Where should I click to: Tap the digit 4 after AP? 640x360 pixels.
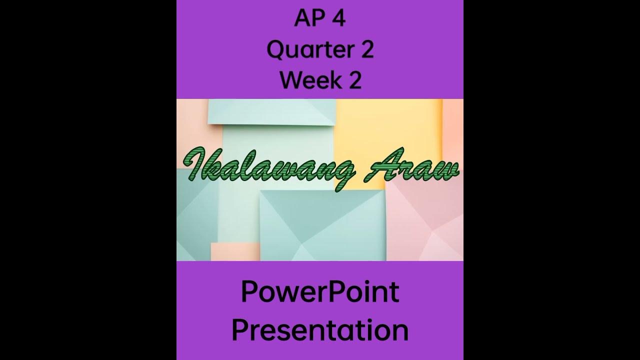point(338,19)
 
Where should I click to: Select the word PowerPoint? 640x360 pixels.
point(320,292)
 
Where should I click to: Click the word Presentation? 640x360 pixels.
point(320,330)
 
